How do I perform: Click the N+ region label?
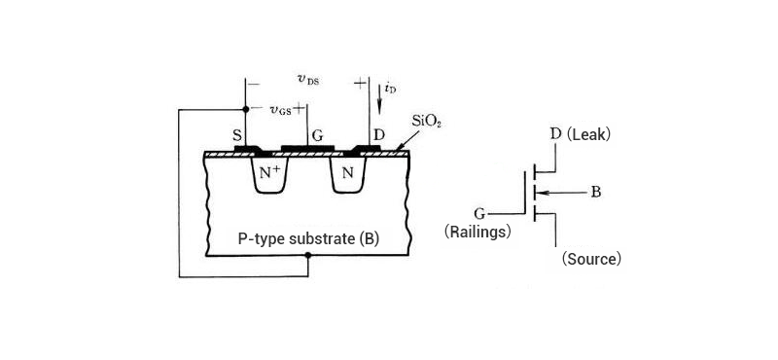(x=269, y=174)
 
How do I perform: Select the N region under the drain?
(x=346, y=175)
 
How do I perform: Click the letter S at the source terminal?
(x=237, y=135)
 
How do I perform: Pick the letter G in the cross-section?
(x=318, y=135)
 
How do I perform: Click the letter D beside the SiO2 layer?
(x=377, y=134)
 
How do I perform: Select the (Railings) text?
(x=477, y=232)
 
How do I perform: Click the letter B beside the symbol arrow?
(x=596, y=192)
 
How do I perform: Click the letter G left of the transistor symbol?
(x=479, y=211)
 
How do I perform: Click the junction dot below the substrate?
(x=307, y=257)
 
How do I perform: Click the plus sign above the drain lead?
(x=360, y=84)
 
